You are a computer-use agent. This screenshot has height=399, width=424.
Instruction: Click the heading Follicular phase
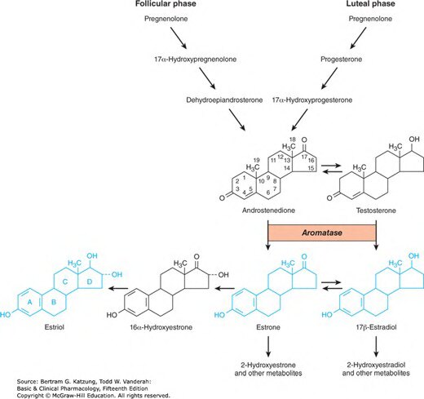click(x=166, y=3)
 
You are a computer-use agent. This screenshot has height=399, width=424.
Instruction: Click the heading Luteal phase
click(x=370, y=3)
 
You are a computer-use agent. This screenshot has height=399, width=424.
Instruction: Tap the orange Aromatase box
click(x=322, y=233)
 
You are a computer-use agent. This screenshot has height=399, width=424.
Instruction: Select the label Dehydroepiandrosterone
click(x=224, y=100)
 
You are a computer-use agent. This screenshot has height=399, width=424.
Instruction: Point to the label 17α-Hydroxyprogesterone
click(x=312, y=100)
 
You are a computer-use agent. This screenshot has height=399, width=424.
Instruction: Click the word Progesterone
click(x=342, y=60)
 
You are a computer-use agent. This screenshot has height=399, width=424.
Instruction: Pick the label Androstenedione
click(x=269, y=211)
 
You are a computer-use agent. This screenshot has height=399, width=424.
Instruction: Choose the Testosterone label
click(x=376, y=211)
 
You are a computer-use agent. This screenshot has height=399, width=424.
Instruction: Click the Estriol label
click(x=55, y=327)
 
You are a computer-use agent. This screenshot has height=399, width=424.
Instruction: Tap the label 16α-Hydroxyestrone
click(x=161, y=327)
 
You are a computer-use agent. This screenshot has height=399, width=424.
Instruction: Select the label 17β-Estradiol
click(x=376, y=327)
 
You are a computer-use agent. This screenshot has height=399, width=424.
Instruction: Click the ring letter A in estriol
click(x=30, y=302)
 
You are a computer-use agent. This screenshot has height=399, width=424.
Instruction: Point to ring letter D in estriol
click(x=90, y=282)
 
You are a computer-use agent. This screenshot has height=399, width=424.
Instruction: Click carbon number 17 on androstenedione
click(x=304, y=157)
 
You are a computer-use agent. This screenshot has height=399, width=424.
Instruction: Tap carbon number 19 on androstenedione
click(x=256, y=160)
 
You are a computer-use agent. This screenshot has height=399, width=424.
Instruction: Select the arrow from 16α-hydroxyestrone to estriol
click(x=118, y=288)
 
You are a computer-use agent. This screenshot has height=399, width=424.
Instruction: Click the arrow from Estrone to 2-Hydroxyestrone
click(x=268, y=347)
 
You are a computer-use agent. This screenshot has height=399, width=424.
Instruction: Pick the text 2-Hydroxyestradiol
click(x=376, y=365)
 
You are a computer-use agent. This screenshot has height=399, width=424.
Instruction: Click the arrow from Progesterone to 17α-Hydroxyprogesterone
click(x=329, y=78)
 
